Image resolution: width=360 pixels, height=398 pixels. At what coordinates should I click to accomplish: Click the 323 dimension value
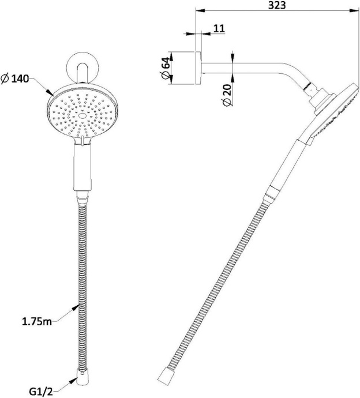[277, 5]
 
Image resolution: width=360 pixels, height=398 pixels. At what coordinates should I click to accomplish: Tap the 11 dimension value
[219, 28]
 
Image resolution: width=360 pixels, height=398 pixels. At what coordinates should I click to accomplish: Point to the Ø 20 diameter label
[227, 95]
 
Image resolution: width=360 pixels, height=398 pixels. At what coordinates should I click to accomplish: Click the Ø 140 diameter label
[15, 79]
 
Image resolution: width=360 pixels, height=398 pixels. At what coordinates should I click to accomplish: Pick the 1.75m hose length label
[37, 322]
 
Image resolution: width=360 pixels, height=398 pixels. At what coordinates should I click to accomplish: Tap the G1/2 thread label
[41, 392]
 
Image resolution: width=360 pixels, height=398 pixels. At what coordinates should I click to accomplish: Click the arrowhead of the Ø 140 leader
[51, 92]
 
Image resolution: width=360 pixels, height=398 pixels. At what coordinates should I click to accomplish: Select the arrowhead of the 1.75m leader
[76, 308]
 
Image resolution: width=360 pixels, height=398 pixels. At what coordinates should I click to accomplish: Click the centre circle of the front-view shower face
[82, 116]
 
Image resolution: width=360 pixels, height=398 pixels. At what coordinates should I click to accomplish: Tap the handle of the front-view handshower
[82, 167]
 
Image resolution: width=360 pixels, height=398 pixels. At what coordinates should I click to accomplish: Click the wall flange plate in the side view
[198, 68]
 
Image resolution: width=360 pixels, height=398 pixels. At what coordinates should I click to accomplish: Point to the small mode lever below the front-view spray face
[82, 141]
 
